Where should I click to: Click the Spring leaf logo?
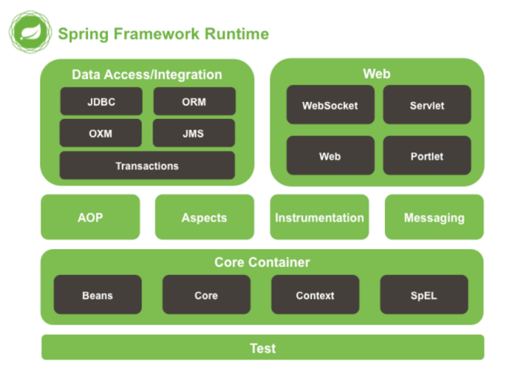coord(31,32)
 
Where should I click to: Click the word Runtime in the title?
coord(237,34)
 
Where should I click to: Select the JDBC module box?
coord(101,101)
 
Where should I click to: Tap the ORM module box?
coord(194,101)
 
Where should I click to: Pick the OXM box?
coord(100,133)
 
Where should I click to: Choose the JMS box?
coord(194,133)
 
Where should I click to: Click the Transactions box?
coord(147,165)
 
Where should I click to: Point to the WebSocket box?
coord(330,105)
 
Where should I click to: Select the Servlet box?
coord(427,105)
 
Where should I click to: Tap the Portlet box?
coord(427,155)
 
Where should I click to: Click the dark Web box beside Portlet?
coord(330,155)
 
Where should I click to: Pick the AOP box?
coord(90,217)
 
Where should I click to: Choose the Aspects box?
coord(205,217)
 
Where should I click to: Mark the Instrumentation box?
coord(319,217)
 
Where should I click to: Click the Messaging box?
coord(434,217)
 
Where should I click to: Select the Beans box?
coord(98,294)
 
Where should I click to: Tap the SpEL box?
coord(424,294)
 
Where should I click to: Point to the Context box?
coord(316,294)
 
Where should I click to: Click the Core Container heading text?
coord(262,262)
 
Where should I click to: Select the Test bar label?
coord(263,349)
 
